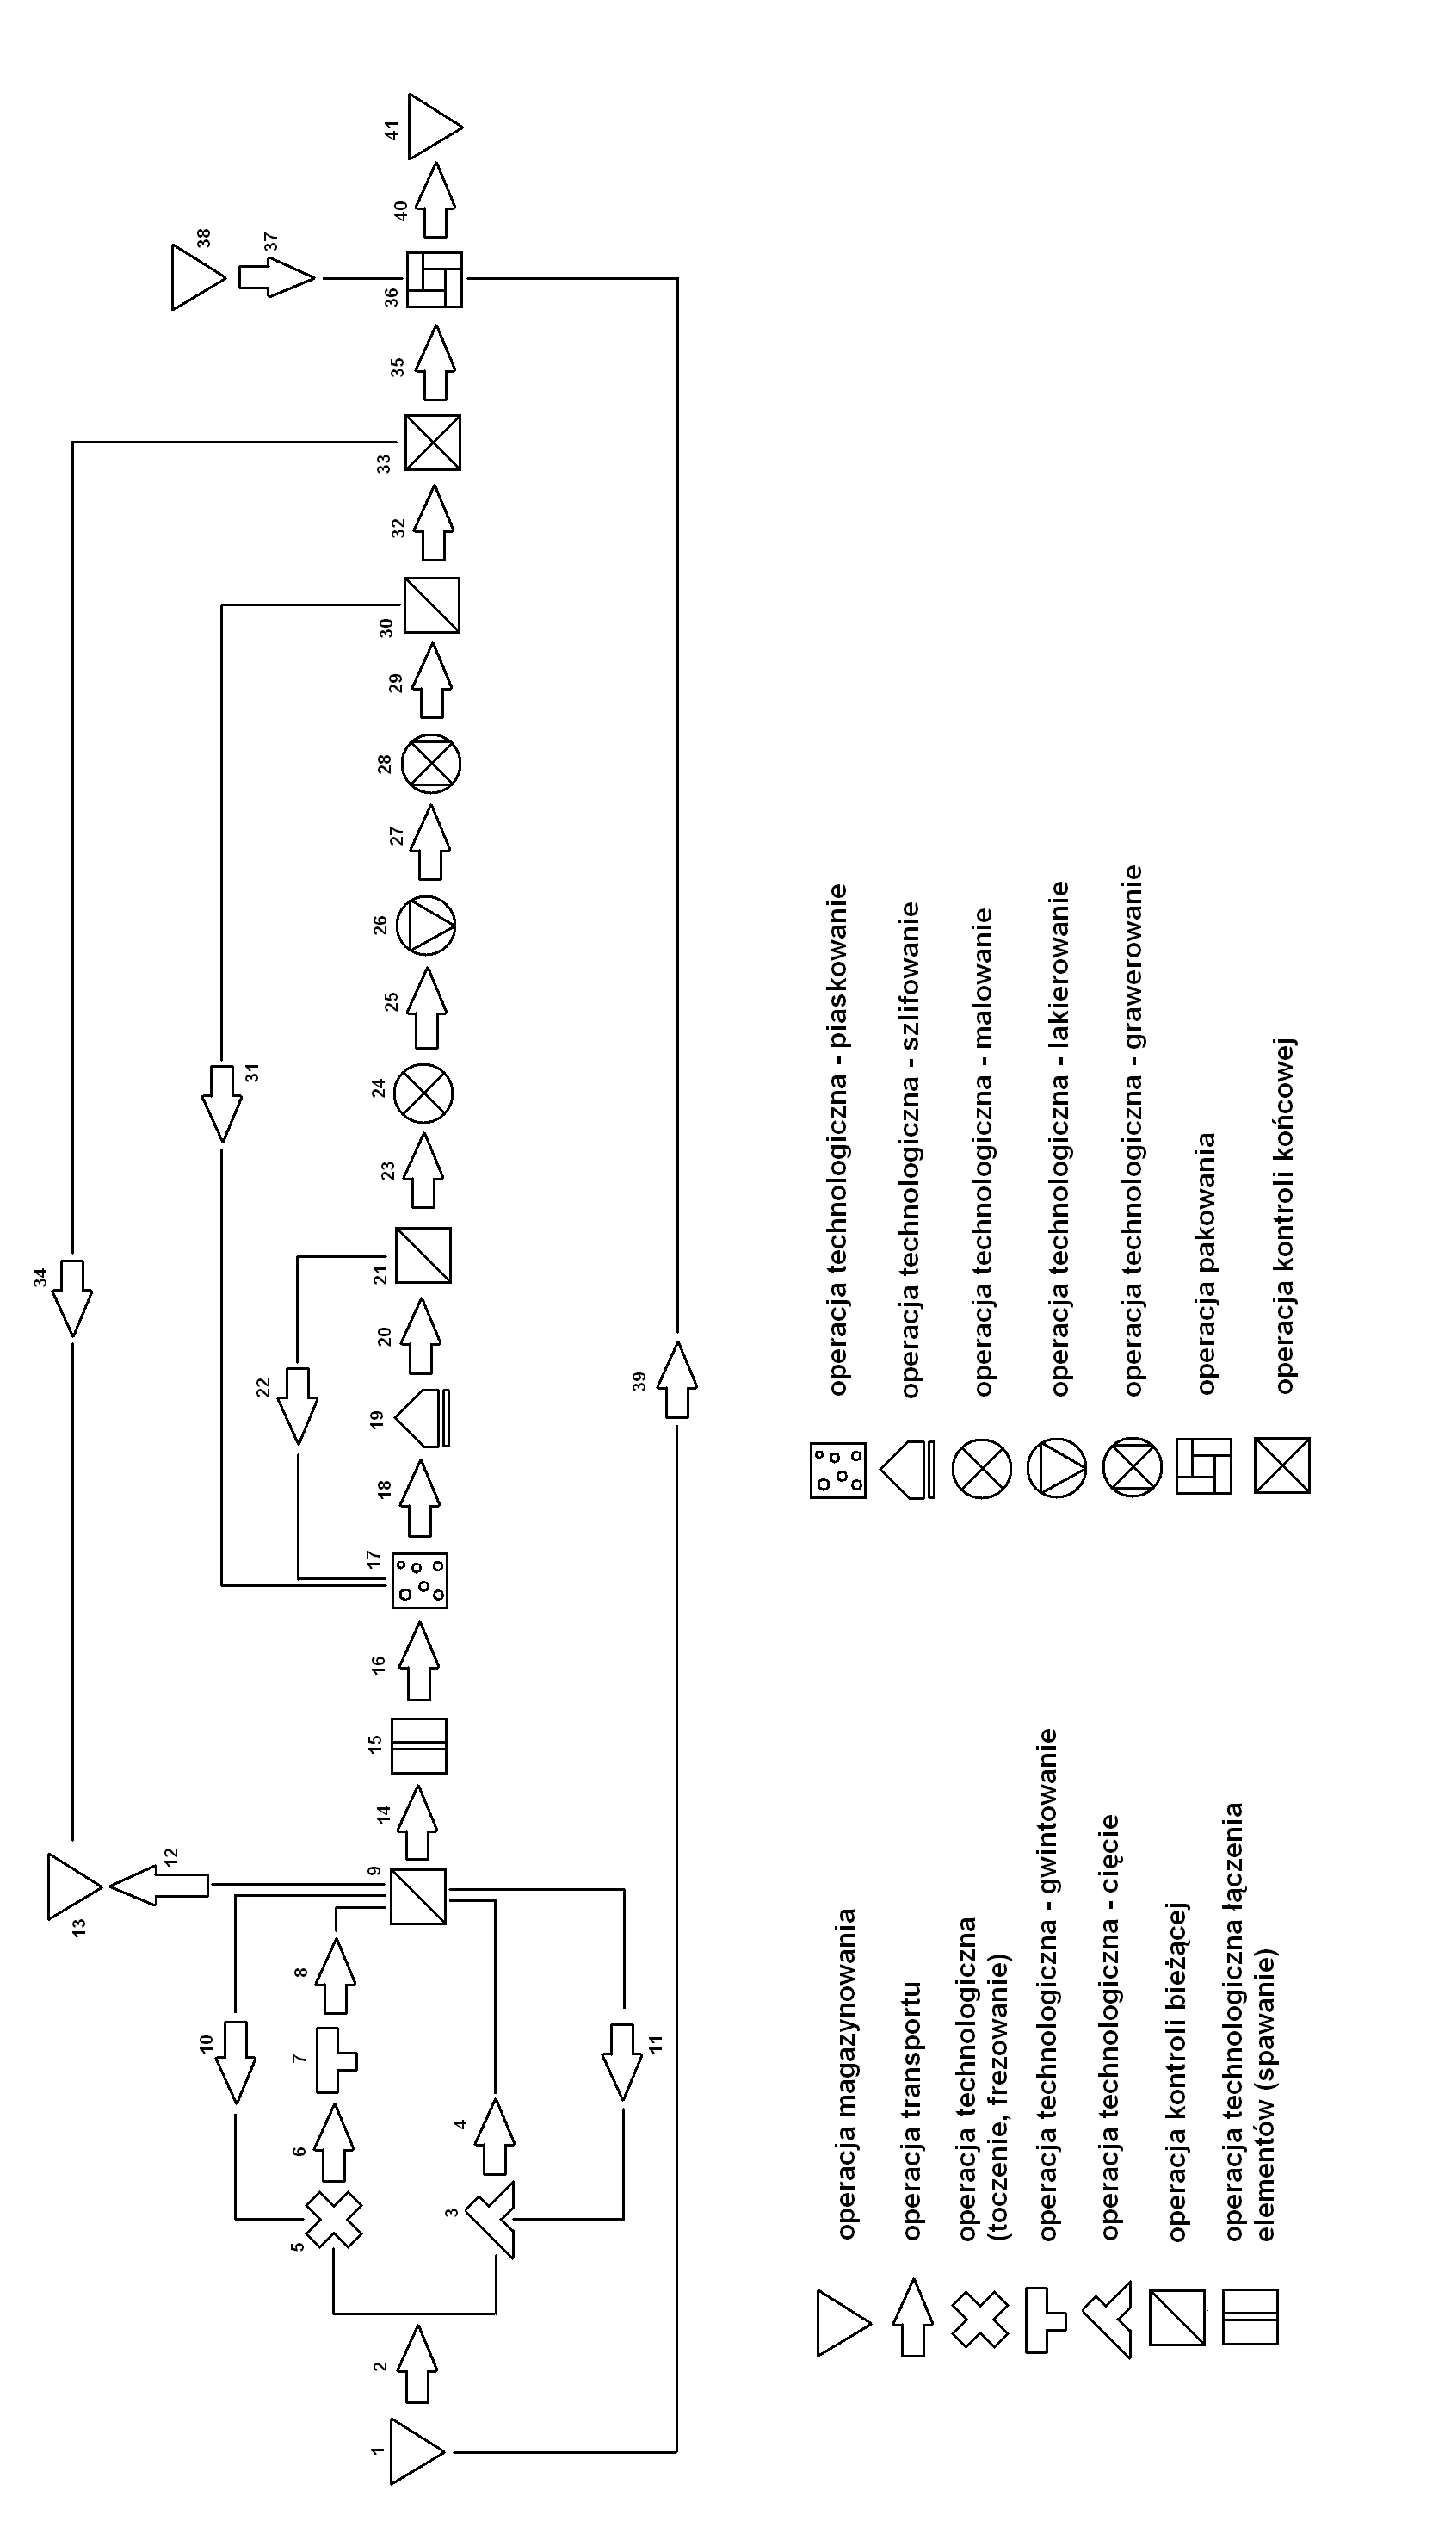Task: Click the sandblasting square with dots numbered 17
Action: [x=420, y=1581]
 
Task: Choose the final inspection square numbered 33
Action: [x=433, y=442]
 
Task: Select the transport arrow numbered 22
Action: [x=297, y=1405]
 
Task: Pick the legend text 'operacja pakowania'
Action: [x=1207, y=1262]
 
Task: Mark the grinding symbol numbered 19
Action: [x=423, y=1416]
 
